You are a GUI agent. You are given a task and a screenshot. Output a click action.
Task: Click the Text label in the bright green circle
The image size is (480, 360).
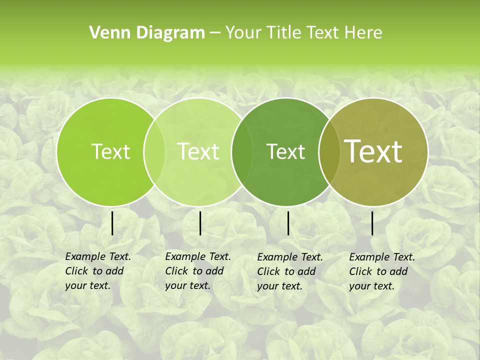[x=110, y=151]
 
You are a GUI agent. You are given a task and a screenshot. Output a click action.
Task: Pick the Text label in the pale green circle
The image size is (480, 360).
[x=198, y=151]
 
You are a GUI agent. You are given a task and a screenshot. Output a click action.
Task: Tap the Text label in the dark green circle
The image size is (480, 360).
[x=285, y=151]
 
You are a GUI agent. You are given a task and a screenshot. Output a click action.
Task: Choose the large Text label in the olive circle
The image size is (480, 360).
[x=373, y=151]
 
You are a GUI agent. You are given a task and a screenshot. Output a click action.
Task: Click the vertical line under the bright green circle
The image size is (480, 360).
[x=112, y=223]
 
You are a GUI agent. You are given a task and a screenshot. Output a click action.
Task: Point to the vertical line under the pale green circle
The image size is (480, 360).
[x=200, y=223]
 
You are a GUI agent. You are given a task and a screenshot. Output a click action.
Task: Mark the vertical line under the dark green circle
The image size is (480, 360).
[x=288, y=223]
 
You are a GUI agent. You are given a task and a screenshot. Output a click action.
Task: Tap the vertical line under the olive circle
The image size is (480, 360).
[x=372, y=223]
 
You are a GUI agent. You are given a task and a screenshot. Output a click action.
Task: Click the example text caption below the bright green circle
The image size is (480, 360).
[x=97, y=271]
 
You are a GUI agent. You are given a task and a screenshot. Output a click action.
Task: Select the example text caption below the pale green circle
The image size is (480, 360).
[x=197, y=271]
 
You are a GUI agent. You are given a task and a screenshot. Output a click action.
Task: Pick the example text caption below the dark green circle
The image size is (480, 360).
[x=289, y=271]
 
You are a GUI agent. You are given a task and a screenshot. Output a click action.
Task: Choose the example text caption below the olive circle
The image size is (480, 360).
[x=381, y=271]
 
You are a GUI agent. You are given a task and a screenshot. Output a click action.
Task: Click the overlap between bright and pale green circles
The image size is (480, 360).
[x=154, y=151]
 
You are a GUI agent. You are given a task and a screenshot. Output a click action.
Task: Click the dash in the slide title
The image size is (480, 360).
[x=215, y=33]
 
